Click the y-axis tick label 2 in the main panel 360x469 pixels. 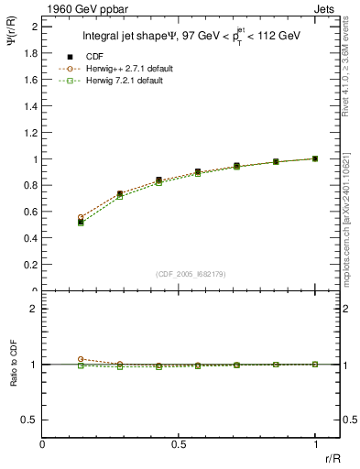point(34,27)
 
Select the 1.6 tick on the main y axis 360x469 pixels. point(30,80)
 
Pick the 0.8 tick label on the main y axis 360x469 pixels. point(30,185)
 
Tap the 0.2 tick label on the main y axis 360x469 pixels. point(30,265)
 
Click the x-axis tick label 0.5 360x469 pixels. point(178,444)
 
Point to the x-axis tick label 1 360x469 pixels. point(315,444)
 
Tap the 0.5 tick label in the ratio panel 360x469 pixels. point(30,420)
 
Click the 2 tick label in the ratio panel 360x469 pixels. point(34,309)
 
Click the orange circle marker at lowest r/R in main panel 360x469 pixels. point(81,217)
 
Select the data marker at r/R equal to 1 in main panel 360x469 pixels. point(315,158)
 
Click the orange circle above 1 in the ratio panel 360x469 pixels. point(81,359)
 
